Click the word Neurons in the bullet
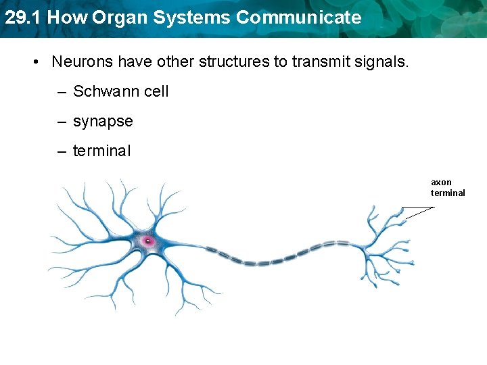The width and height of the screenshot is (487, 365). [x=82, y=62]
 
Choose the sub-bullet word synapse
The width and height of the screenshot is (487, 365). [x=103, y=122]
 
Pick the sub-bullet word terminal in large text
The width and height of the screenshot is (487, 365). [x=101, y=151]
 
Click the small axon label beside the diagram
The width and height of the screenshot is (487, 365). [x=441, y=182]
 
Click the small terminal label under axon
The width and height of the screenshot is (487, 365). [x=448, y=193]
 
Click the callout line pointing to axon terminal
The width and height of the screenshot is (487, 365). [x=418, y=212]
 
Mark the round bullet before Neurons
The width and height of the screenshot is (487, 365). [x=34, y=62]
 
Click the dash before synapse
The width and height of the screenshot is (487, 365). [x=62, y=122]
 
